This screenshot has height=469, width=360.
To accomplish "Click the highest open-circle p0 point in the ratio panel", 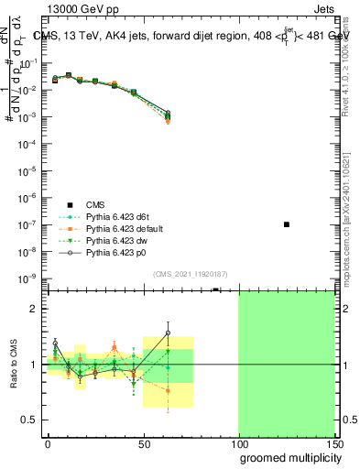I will (x=168, y=333).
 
